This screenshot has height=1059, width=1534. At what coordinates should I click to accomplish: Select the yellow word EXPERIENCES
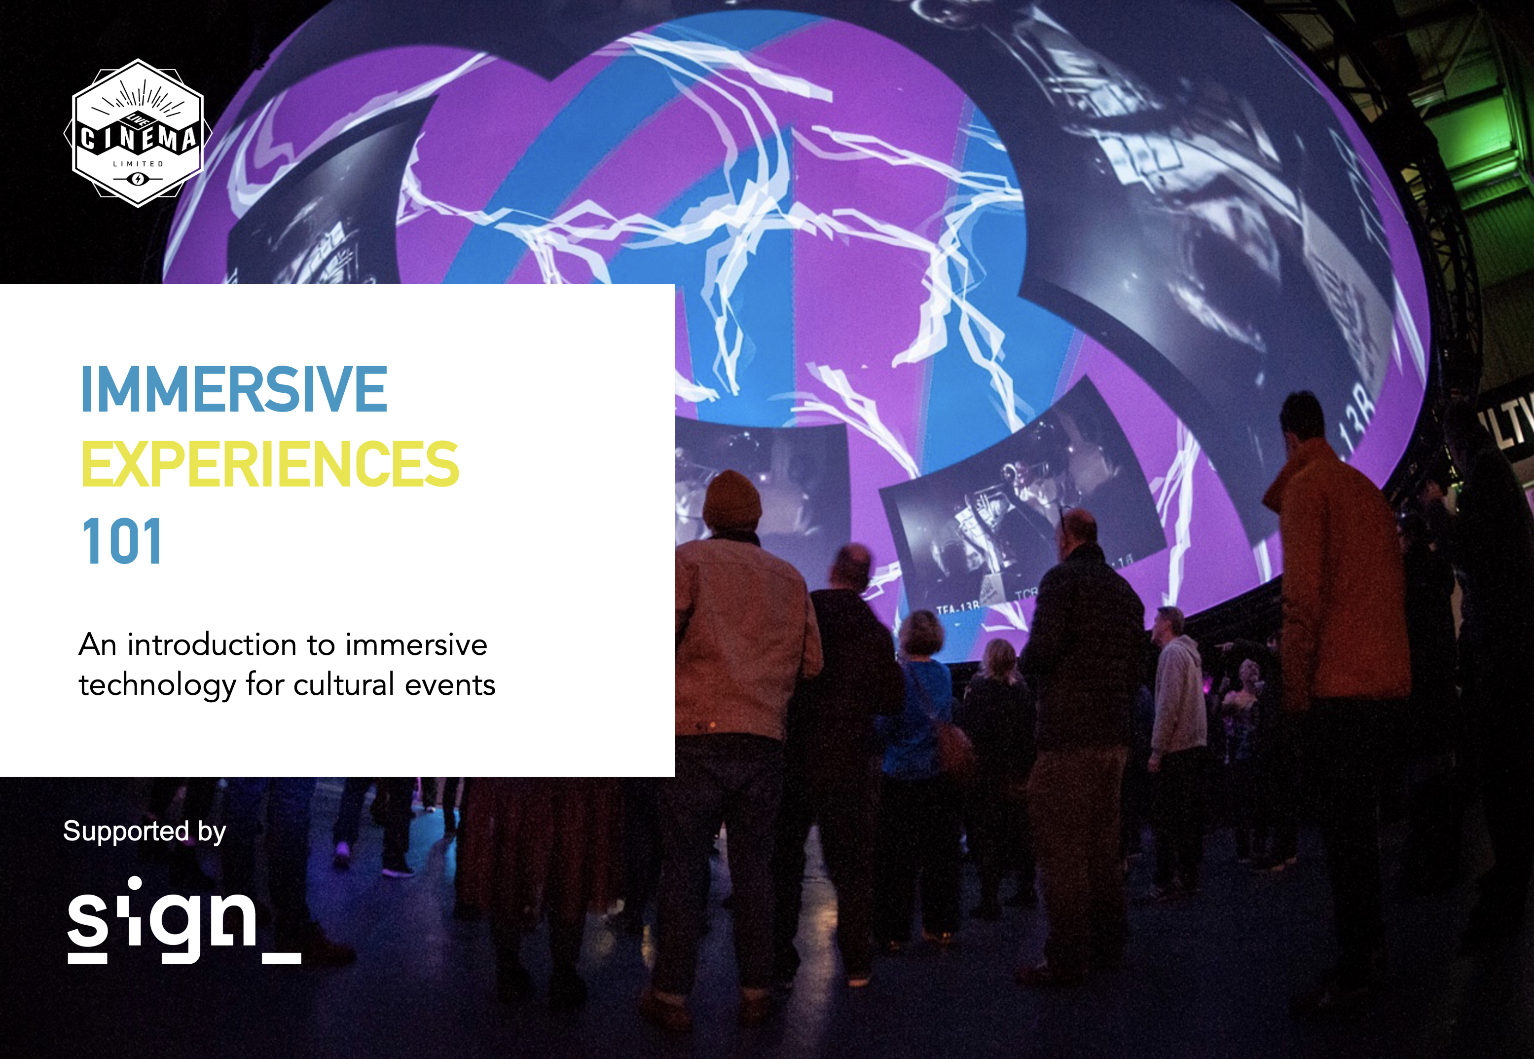270,464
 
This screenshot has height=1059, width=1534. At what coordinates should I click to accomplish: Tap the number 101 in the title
122,541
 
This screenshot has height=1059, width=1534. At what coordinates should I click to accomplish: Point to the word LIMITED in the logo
138,164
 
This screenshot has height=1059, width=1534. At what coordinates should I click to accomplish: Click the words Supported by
145,832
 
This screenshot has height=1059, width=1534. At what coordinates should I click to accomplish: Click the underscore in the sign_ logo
282,958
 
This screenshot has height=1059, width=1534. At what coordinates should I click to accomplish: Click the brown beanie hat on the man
731,499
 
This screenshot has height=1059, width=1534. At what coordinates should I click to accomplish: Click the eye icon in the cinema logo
137,179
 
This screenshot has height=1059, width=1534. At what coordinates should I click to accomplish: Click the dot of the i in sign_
135,883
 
